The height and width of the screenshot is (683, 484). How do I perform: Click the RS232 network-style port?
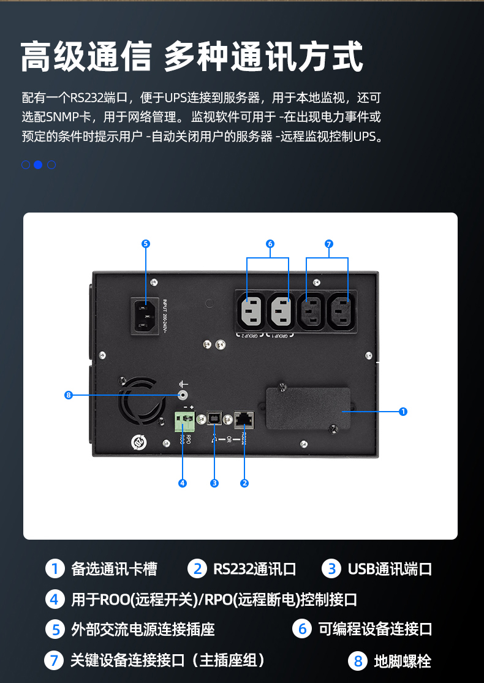tap(245, 420)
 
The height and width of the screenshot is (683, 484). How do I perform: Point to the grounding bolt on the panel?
tap(182, 395)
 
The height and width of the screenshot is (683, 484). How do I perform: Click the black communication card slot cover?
tap(308, 410)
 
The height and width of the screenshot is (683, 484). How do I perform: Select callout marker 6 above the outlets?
tap(270, 244)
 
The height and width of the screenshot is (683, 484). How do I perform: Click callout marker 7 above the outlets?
tap(328, 244)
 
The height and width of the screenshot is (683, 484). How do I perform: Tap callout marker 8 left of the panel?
tap(69, 395)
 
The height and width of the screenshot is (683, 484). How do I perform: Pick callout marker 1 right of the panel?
tap(403, 412)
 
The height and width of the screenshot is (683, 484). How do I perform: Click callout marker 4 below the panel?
tap(183, 483)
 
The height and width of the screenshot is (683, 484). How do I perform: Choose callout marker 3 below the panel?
tap(214, 483)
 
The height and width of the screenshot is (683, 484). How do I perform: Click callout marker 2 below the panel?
tap(244, 483)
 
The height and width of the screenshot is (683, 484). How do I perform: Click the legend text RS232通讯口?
tap(254, 569)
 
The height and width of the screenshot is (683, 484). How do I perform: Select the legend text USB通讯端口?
tap(390, 569)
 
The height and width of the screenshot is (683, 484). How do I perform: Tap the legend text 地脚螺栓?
tap(403, 662)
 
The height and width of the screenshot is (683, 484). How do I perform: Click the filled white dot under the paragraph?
tap(38, 164)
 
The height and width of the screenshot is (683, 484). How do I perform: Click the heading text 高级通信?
tap(86, 58)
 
